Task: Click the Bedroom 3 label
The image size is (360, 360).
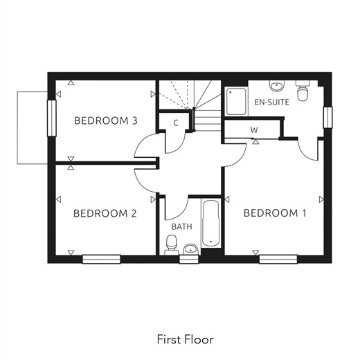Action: [x=106, y=120]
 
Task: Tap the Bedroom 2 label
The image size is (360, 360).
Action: [x=105, y=213]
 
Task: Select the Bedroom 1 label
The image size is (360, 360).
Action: [x=275, y=213]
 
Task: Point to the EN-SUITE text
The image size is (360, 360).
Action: [x=272, y=102]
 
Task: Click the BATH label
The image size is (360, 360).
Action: [x=182, y=226]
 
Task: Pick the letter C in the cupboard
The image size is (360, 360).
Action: [x=176, y=123]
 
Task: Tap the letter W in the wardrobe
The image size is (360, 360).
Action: [x=254, y=130]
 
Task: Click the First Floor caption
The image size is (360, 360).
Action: [x=186, y=339]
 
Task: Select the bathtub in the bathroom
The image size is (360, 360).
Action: [x=210, y=224]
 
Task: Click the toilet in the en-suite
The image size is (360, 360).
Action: [x=303, y=91]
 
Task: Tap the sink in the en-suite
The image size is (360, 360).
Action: [x=277, y=86]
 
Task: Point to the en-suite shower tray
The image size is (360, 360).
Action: [x=236, y=101]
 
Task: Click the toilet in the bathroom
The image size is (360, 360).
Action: [x=171, y=245]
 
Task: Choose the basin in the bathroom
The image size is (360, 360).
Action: [x=190, y=249]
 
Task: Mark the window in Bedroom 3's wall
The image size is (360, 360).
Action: [x=52, y=118]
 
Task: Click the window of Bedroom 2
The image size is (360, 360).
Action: [x=102, y=259]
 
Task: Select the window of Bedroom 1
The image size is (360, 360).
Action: [x=278, y=259]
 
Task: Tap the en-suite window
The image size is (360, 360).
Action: [x=327, y=118]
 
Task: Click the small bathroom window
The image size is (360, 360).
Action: [x=189, y=259]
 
